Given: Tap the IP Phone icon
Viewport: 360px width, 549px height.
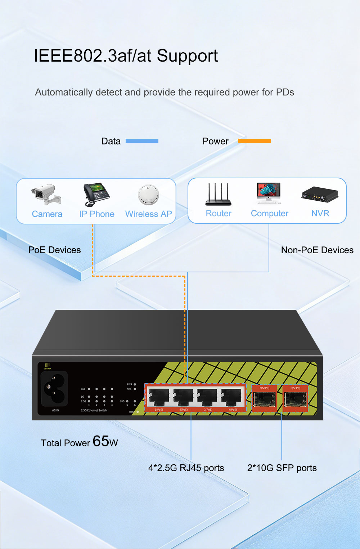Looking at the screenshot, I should (96, 194).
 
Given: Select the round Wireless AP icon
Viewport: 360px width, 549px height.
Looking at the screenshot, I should (148, 195).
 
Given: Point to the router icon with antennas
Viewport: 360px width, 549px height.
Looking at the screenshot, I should (218, 195).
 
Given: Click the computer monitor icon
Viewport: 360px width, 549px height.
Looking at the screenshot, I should (269, 193).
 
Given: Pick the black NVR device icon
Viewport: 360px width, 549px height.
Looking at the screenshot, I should (320, 195).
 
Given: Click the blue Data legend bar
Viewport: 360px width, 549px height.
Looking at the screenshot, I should (142, 141).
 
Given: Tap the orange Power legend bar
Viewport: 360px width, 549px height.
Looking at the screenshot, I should (255, 141).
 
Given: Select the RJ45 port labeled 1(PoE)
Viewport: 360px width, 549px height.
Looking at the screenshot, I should (159, 398).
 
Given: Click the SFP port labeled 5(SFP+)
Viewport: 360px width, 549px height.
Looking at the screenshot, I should (264, 400).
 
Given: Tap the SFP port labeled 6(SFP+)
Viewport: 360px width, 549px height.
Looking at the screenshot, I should (295, 400).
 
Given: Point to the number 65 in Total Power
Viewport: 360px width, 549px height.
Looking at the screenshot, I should (101, 441).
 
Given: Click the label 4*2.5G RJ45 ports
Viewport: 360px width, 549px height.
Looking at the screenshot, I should (186, 468).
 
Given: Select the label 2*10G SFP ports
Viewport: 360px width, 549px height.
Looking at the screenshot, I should (282, 468).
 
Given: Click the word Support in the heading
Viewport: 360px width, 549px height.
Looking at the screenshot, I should (187, 56).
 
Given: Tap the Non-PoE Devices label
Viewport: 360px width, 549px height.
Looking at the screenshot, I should (317, 250).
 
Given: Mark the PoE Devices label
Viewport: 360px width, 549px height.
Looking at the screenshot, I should (54, 250).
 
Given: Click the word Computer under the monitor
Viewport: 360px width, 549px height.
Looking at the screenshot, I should (270, 214).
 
